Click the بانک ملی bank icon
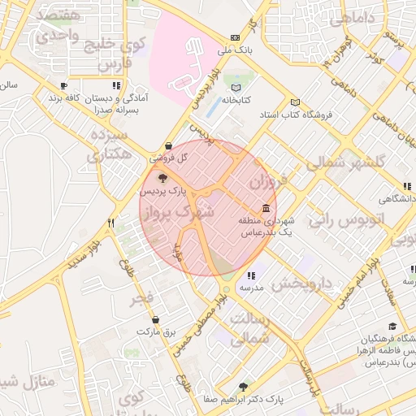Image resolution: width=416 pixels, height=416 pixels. point(236,37)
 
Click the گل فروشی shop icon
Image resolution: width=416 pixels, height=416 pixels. point(168,145)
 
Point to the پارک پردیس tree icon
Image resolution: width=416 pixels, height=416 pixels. point(162,178)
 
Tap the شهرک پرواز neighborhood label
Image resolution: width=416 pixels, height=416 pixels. point(178,214)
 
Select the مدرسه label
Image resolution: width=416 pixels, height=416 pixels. point(250,288)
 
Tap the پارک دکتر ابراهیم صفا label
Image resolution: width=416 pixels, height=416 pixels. point(277,400)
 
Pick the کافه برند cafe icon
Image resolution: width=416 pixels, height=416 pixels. point(64,85)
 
